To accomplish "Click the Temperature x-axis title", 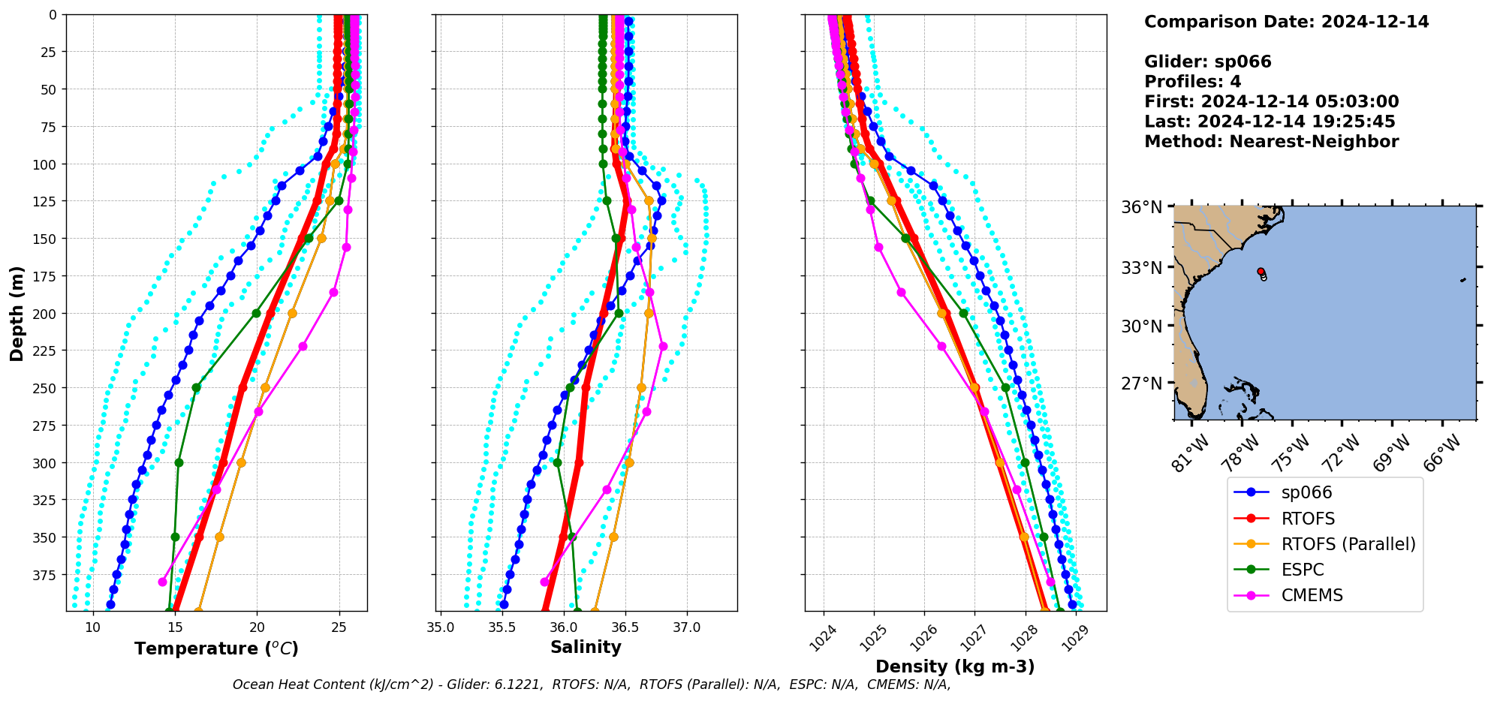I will (216, 648).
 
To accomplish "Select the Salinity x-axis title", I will (586, 647).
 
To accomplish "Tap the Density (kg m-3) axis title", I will (955, 666).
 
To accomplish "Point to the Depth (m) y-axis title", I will (17, 313).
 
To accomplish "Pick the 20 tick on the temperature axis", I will (257, 627).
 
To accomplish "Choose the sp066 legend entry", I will (1306, 492).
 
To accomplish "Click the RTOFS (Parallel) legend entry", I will (1348, 544).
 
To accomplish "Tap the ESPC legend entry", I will (1303, 570).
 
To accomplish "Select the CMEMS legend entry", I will (1312, 595).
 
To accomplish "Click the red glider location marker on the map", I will (1261, 272).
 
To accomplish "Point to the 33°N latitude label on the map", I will (1141, 268).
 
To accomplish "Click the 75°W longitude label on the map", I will (1294, 453).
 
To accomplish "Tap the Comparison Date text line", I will (1286, 22).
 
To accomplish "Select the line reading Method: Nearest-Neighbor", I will (1271, 142).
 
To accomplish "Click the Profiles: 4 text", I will (1192, 82).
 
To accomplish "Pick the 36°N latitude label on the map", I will (1141, 207).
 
